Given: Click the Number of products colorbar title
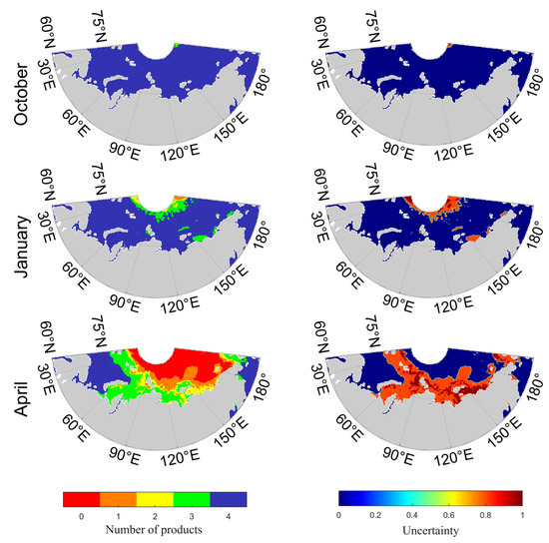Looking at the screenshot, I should [154, 527].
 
